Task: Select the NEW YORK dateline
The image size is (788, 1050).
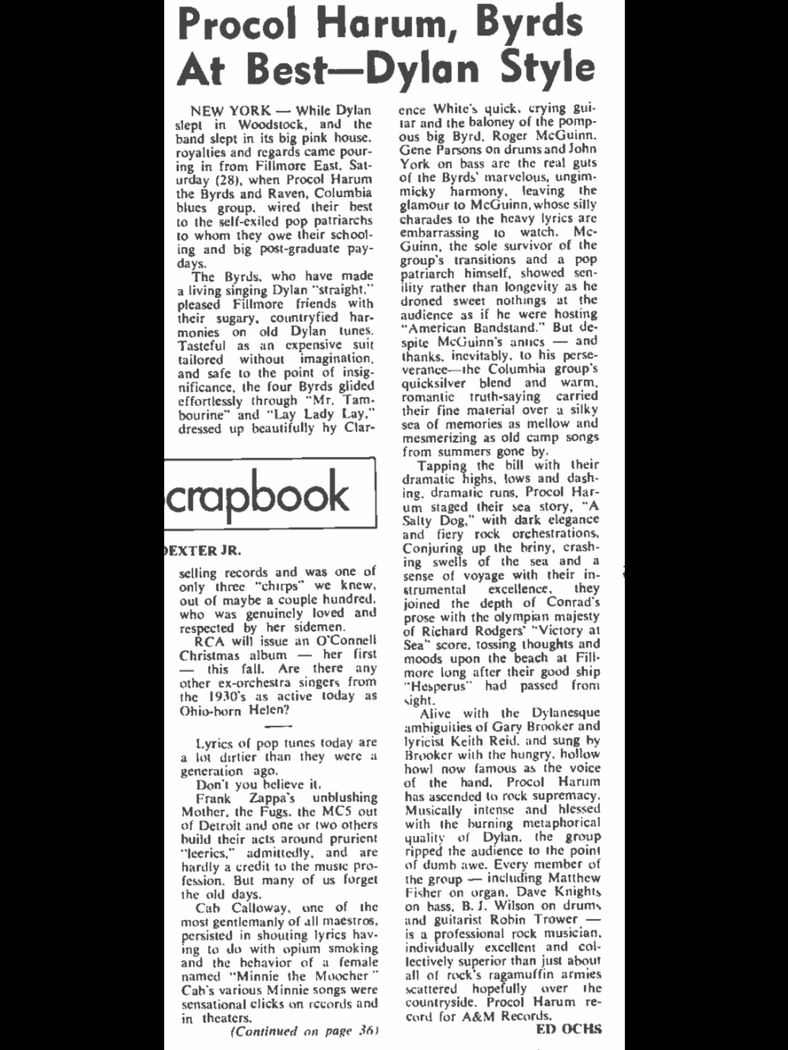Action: click(230, 110)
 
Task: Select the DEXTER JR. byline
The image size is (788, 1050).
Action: click(202, 551)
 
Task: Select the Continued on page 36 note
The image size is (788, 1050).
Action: click(304, 1031)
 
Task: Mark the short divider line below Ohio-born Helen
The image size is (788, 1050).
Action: click(280, 726)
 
